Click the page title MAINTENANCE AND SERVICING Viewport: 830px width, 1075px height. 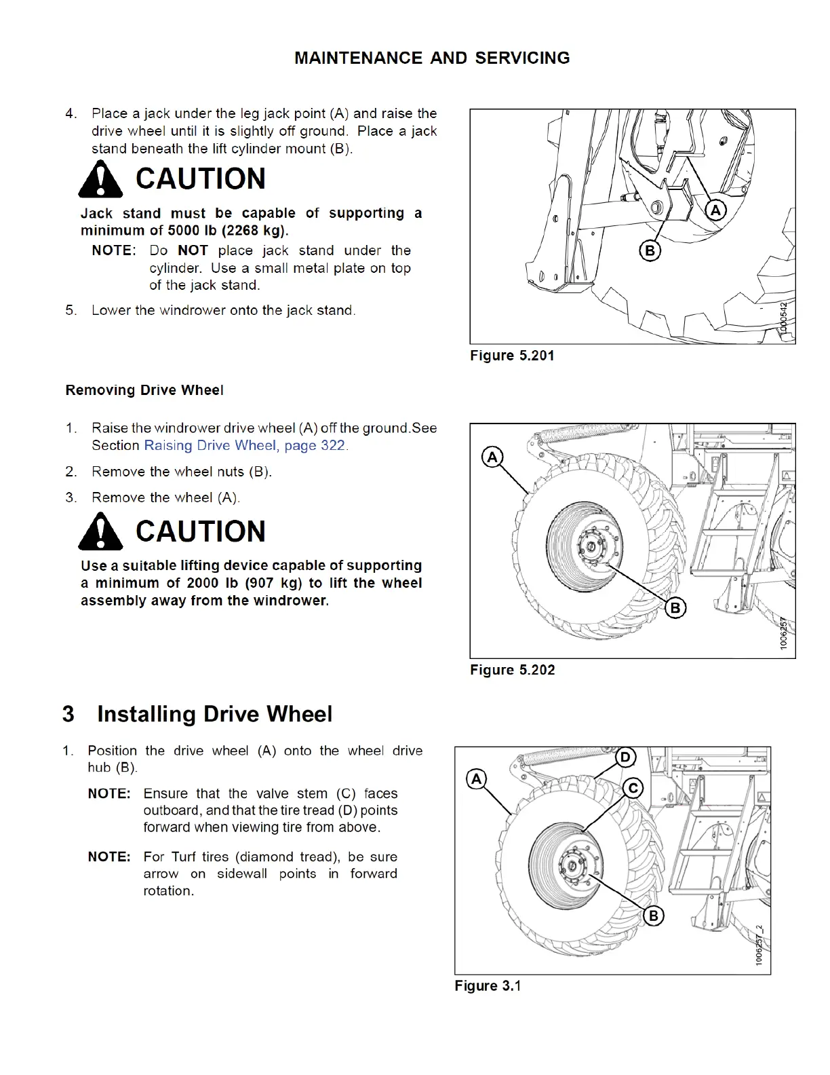[x=432, y=58]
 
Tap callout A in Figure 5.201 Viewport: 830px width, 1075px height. [x=715, y=210]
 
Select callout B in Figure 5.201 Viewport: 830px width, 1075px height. [x=650, y=251]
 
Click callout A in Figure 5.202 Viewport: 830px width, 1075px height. [x=492, y=457]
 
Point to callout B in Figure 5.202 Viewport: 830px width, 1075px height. [x=675, y=607]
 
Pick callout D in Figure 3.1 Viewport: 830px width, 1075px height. [x=625, y=757]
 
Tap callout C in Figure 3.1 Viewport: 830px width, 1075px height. [x=633, y=788]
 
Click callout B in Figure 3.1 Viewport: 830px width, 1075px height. [x=653, y=916]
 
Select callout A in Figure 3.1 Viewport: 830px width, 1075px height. [x=477, y=778]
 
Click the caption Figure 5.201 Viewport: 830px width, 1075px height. [x=512, y=356]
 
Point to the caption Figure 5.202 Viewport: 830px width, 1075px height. [x=512, y=670]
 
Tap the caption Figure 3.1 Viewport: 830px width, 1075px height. [x=488, y=985]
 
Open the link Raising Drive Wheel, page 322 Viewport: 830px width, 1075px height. [x=245, y=445]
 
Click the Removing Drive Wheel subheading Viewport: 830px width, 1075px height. [x=144, y=390]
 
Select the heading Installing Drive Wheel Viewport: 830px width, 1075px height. [x=214, y=714]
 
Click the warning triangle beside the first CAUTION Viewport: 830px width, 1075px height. [x=100, y=179]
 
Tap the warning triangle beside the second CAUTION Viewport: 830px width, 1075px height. [x=100, y=531]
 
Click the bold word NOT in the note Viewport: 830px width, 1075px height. [x=193, y=250]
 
